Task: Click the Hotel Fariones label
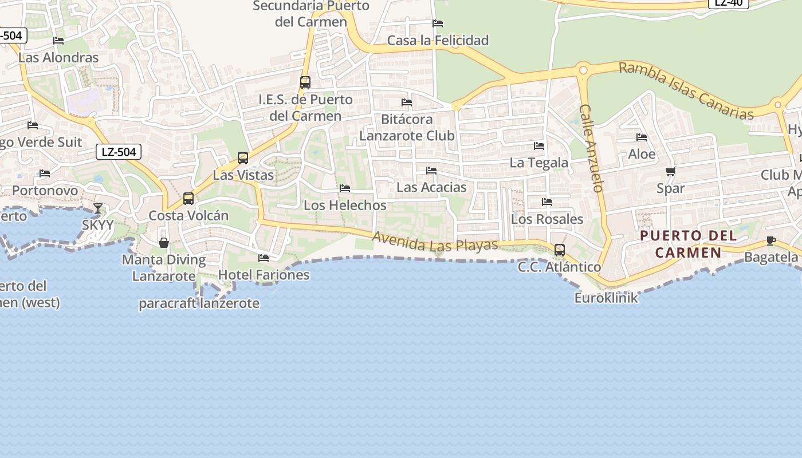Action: tap(264, 275)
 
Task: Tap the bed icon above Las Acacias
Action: tap(431, 171)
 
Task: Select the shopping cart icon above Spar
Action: tap(671, 171)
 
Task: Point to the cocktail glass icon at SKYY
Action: tap(98, 208)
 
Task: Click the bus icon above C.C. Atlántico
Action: tap(560, 250)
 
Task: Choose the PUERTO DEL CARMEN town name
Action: tap(688, 244)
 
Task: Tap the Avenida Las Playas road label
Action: tap(435, 242)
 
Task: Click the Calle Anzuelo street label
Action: tap(592, 148)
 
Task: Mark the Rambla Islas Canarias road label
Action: tap(686, 91)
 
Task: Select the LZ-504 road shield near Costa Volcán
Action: tap(119, 152)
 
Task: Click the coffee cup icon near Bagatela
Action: tap(770, 240)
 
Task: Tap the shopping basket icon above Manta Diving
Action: tap(164, 243)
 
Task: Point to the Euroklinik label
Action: tap(606, 298)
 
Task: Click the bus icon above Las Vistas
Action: tap(243, 158)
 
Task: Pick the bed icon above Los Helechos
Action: tap(345, 188)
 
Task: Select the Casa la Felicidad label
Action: tap(438, 40)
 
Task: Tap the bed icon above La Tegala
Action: tap(538, 146)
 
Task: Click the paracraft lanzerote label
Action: tap(199, 303)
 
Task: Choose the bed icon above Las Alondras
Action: tap(58, 41)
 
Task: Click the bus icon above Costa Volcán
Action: tap(188, 199)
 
